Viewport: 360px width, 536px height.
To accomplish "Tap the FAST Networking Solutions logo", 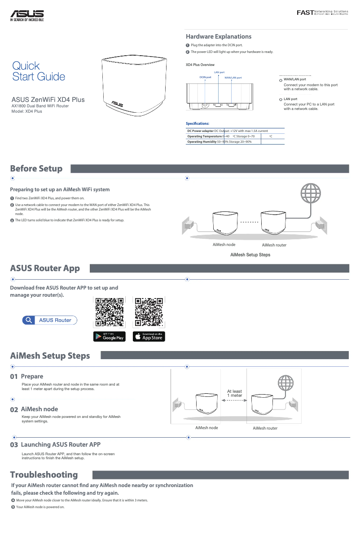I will coord(322,12).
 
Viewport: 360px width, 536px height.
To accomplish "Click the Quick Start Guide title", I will coord(39,71).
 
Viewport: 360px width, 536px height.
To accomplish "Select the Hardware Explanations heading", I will coord(219,36).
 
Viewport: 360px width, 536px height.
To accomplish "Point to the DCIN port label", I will coord(205,77).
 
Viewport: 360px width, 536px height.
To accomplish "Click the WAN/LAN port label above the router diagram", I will coord(233,78).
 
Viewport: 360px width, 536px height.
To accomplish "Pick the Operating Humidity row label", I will coord(202,141).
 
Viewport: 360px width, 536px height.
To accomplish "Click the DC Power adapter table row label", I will coord(200,131).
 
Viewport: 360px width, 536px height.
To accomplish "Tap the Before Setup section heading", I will coord(36,169).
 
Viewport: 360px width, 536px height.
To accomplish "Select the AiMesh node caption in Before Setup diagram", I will coord(224,245).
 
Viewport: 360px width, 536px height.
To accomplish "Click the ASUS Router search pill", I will coord(49,320).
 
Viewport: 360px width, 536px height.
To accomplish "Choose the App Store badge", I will coord(149,337).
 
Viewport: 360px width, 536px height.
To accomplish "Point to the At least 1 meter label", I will coord(234,393).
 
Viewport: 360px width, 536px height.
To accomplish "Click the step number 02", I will coord(14,409).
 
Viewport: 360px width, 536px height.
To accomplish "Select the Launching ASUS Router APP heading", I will coord(61,444).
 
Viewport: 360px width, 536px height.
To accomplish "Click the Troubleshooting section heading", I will coord(44,475).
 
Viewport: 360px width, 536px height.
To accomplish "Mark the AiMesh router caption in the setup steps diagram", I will coord(265,428).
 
